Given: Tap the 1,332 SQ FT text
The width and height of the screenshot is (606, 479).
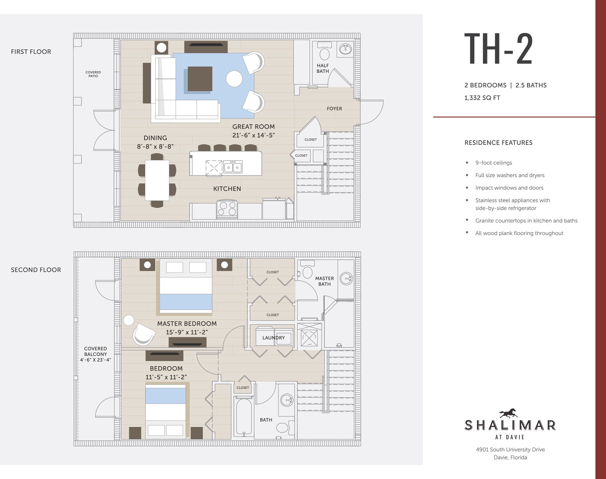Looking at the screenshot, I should (482, 98).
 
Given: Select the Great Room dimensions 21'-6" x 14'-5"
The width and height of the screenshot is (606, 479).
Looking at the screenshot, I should (254, 135).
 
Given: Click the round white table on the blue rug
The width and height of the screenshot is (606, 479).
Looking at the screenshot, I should (234, 79).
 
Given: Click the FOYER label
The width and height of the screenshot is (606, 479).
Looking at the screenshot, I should (334, 109).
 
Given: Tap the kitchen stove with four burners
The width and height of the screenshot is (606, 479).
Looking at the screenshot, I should (227, 208).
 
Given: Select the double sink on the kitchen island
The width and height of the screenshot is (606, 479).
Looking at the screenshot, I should (233, 167).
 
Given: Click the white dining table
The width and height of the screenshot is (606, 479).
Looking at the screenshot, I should (157, 180).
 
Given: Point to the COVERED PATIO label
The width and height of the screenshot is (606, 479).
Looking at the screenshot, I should (93, 74).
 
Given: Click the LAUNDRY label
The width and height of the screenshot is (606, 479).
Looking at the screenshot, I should (273, 338).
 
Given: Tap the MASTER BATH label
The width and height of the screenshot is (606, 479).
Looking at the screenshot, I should (324, 281).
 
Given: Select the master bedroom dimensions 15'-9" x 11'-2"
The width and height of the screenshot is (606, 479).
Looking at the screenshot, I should (187, 332).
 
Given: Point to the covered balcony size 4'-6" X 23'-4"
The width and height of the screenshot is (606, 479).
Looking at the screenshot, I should (95, 360).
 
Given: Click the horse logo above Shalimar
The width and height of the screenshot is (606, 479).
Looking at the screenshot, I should (508, 413).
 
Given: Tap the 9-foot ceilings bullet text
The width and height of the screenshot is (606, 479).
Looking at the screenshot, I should (493, 163).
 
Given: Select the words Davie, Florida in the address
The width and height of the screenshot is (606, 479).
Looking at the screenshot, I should (510, 457).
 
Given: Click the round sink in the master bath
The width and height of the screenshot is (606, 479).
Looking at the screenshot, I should (346, 278).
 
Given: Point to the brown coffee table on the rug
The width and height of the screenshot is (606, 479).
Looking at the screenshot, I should (200, 79).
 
